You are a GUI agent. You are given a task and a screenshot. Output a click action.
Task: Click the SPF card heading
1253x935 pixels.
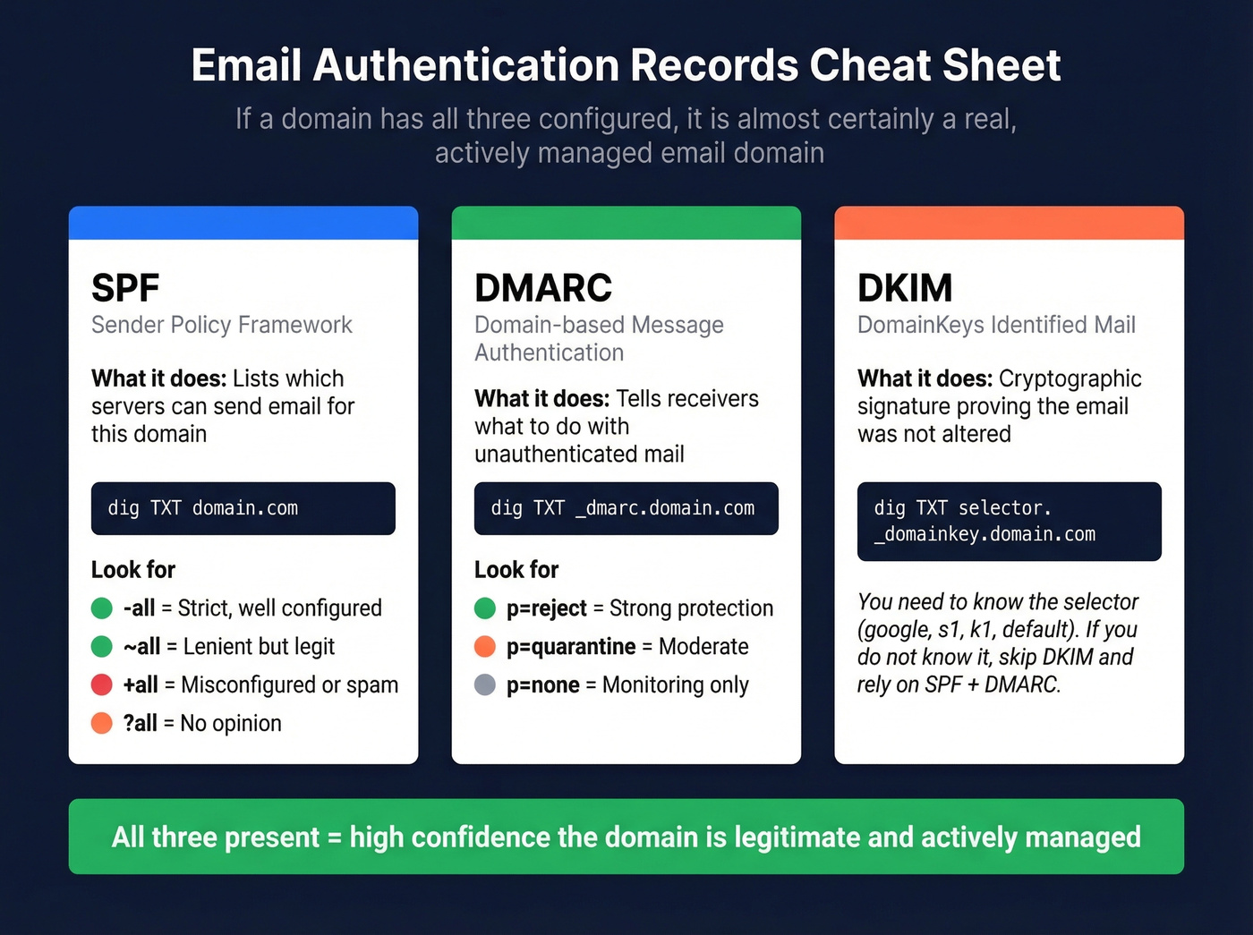click(x=125, y=288)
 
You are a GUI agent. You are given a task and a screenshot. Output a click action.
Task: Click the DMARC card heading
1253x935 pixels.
click(x=543, y=288)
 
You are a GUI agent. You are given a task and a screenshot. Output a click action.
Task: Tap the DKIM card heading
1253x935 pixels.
click(x=905, y=288)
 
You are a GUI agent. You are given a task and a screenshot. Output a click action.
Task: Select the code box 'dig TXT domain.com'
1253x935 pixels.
click(x=243, y=508)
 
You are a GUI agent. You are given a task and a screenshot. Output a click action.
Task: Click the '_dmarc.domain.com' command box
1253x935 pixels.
click(x=626, y=508)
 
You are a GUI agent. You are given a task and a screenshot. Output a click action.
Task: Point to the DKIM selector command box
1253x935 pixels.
click(x=1009, y=521)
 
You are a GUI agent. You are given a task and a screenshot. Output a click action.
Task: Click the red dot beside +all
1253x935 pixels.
click(x=102, y=684)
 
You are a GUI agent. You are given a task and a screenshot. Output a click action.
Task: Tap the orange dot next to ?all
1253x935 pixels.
click(x=102, y=723)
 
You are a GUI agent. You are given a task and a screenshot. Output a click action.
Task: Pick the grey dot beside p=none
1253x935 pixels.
click(x=485, y=684)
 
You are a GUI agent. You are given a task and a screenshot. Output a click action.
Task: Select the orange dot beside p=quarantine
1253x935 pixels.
click(x=485, y=646)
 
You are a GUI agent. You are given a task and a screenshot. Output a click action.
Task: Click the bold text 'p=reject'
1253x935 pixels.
click(x=546, y=608)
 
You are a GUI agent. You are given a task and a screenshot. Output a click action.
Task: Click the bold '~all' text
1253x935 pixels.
click(x=141, y=646)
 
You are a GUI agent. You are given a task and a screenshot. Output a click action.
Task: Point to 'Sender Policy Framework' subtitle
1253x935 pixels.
click(x=221, y=325)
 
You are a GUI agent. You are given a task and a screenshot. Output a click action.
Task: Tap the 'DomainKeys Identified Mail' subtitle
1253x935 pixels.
click(x=996, y=325)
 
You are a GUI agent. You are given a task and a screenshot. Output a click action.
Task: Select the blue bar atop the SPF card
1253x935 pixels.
click(x=243, y=223)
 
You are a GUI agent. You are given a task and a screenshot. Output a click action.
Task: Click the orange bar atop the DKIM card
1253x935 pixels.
click(x=1009, y=223)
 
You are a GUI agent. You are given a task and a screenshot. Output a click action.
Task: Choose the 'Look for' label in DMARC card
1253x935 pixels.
click(x=516, y=570)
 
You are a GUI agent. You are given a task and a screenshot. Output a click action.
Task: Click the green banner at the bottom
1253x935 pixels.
click(x=626, y=837)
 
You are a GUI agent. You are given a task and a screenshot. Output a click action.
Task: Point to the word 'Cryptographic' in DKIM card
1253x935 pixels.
click(x=1070, y=378)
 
